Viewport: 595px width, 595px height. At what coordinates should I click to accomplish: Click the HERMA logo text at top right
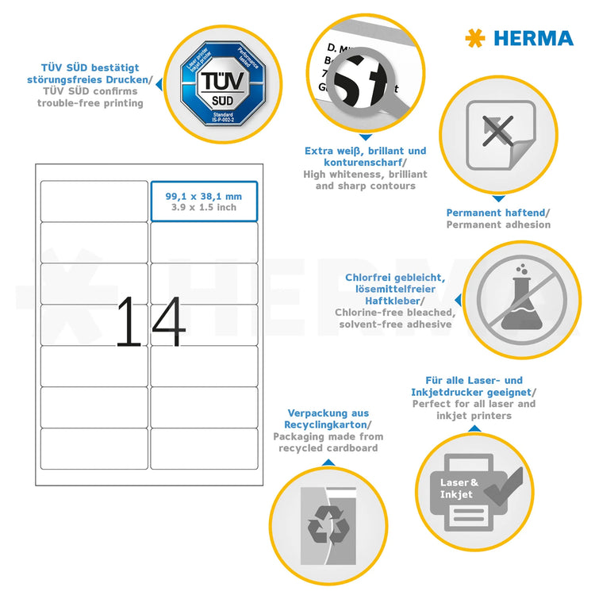533,38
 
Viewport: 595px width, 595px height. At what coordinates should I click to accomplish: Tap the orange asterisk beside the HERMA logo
475,38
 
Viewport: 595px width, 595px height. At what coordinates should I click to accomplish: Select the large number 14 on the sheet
151,322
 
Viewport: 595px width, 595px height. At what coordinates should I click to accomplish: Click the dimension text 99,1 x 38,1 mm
204,196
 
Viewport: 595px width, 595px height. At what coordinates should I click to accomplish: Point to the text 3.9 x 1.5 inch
204,208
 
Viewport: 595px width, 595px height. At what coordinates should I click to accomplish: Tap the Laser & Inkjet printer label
460,488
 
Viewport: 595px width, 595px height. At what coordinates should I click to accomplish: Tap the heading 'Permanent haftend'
497,213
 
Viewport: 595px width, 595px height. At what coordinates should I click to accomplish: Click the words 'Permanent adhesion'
497,225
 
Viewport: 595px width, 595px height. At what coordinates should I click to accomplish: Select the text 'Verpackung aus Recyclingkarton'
327,419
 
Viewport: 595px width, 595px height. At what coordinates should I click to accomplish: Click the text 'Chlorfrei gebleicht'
394,277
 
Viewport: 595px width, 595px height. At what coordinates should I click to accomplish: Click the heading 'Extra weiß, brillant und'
365,151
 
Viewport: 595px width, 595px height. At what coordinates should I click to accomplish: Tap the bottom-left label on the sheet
94,448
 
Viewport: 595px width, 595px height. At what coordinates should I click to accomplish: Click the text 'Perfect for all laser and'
474,404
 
